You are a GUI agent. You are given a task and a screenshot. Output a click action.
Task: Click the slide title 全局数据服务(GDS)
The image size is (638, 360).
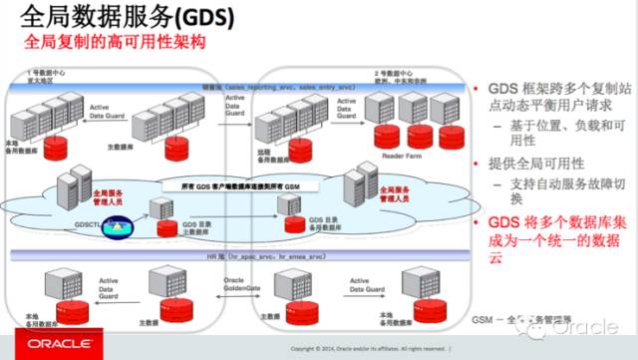(x=121, y=19)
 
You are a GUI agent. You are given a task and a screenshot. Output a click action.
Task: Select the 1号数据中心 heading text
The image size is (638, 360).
(x=47, y=75)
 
